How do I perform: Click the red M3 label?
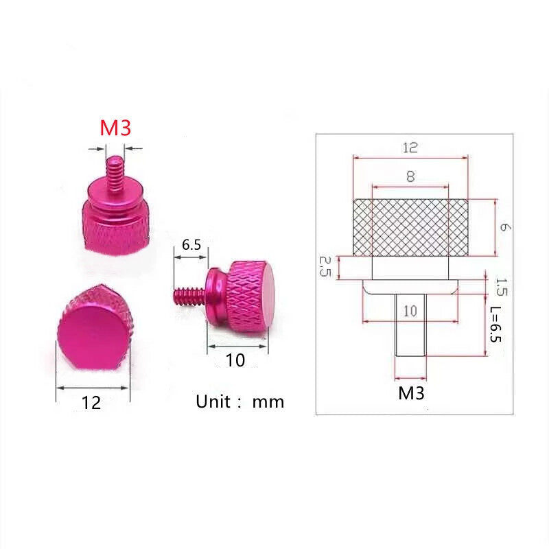tap(115, 128)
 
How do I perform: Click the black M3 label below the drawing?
tap(411, 393)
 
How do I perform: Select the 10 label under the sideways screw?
tap(235, 360)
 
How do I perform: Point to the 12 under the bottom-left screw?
tap(91, 403)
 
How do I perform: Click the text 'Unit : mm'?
tap(240, 401)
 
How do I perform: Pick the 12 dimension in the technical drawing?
tap(410, 148)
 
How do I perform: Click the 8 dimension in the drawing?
tap(410, 176)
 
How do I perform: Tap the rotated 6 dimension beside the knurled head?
tap(504, 227)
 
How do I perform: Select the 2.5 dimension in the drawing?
tap(325, 266)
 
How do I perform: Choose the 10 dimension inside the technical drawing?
tap(410, 311)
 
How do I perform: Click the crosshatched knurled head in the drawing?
tap(410, 228)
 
